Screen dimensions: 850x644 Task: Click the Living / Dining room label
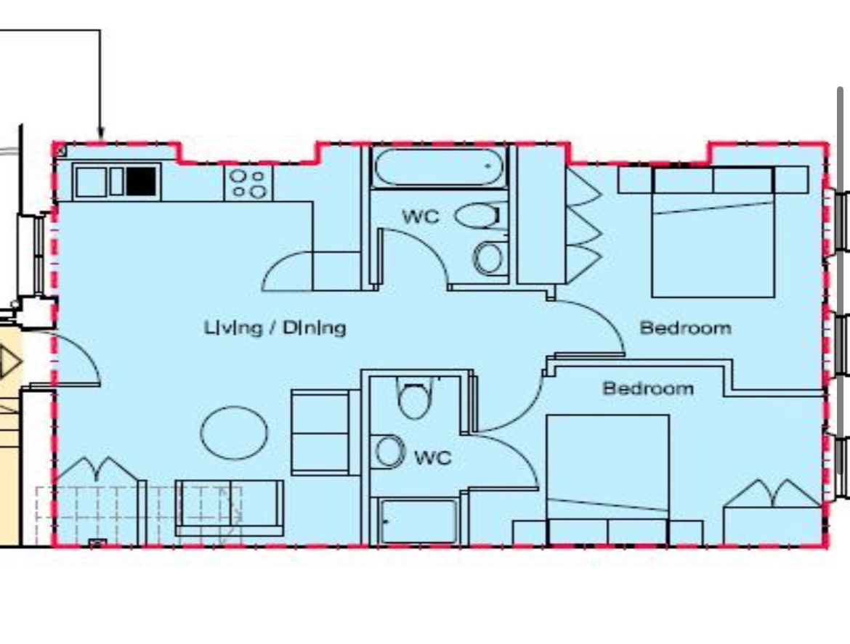(275, 327)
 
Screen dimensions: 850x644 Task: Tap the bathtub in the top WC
(439, 167)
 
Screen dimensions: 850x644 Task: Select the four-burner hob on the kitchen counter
(248, 183)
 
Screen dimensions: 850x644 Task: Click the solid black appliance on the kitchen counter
(142, 181)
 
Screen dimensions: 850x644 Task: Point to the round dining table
(234, 433)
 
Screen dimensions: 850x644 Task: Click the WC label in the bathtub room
(420, 216)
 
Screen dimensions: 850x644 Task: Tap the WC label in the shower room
(432, 457)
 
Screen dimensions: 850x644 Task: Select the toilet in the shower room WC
(416, 398)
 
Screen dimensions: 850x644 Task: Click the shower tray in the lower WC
(419, 521)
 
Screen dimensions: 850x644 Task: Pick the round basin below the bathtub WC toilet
(490, 258)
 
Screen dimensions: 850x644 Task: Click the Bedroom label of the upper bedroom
(685, 327)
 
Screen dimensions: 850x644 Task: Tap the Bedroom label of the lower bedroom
(648, 388)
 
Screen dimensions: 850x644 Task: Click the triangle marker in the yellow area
(9, 362)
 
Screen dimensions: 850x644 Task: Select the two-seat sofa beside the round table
(320, 433)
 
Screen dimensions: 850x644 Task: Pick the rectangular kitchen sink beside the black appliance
(91, 182)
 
